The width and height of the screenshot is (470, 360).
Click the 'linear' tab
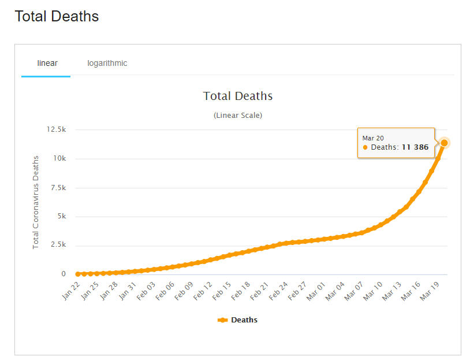pyautogui.click(x=47, y=63)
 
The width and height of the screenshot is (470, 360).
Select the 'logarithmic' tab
pyautogui.click(x=107, y=63)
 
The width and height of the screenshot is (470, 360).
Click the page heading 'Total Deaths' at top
pyautogui.click(x=57, y=17)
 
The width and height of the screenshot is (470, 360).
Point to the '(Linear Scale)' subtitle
pyautogui.click(x=238, y=116)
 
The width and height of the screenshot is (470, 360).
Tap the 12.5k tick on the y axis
pyautogui.click(x=56, y=129)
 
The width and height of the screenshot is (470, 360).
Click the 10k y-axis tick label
pyautogui.click(x=59, y=158)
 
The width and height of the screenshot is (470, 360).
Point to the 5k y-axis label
pyautogui.click(x=61, y=217)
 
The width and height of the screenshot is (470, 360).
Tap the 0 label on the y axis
pyautogui.click(x=64, y=274)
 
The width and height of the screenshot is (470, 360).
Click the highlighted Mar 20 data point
pyautogui.click(x=445, y=143)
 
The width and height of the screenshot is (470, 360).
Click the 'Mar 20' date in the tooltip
pyautogui.click(x=372, y=138)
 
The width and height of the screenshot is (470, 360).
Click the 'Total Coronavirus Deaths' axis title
pyautogui.click(x=36, y=202)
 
